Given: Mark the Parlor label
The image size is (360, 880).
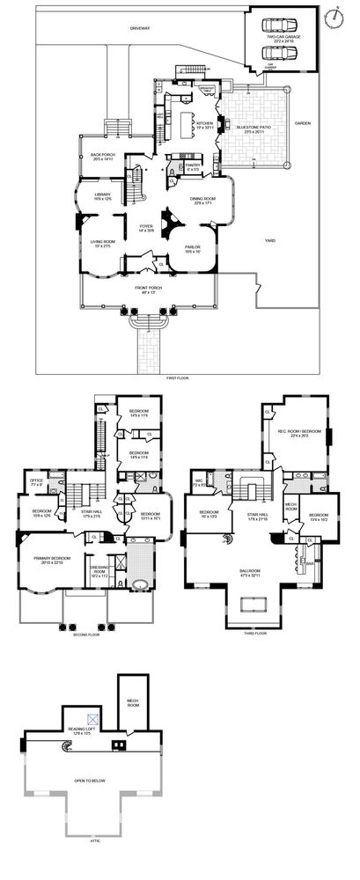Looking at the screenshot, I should click(x=194, y=250).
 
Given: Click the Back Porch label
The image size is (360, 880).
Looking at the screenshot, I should click(x=105, y=158).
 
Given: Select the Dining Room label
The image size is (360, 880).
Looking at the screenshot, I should click(x=204, y=200).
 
